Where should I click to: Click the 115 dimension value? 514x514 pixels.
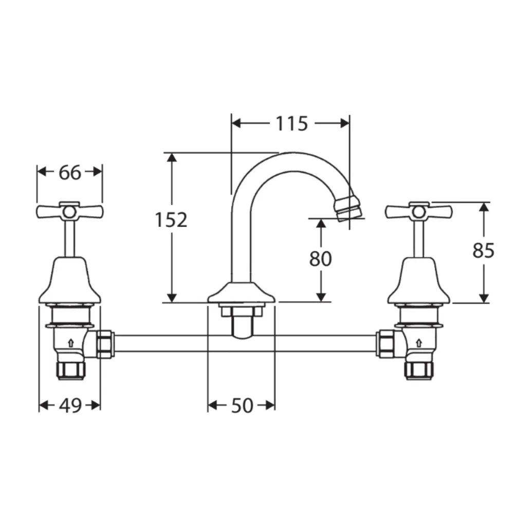(x=291, y=123)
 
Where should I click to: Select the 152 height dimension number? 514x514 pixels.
(x=171, y=219)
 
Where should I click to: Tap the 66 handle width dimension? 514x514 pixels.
(x=69, y=172)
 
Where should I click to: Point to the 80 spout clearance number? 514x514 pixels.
(x=320, y=259)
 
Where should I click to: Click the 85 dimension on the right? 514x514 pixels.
(x=483, y=251)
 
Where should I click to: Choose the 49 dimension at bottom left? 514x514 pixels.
(x=70, y=406)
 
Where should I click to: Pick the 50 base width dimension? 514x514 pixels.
(x=242, y=406)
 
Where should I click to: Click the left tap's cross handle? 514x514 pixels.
(x=69, y=212)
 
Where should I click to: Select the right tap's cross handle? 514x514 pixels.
(x=419, y=212)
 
